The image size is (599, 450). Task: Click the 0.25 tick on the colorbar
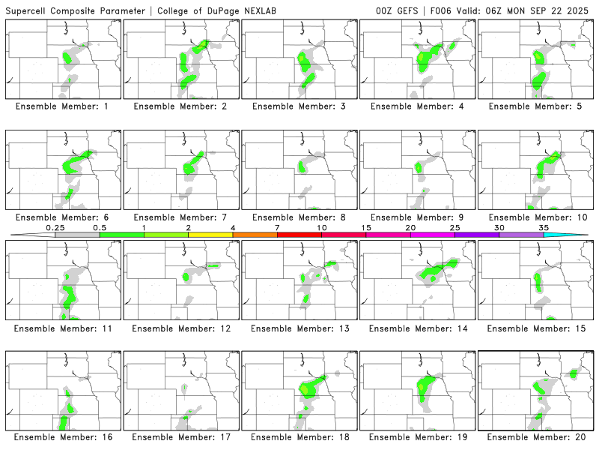[x=55, y=227]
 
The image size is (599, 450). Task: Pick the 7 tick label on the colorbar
[x=277, y=227]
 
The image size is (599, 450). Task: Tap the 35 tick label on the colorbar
[x=544, y=227]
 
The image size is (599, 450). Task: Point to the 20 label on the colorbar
[x=410, y=227]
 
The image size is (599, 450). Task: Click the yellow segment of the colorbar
[x=210, y=235]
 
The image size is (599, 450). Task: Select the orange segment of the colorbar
[x=255, y=235]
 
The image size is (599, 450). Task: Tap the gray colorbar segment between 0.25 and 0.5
[x=77, y=235]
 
